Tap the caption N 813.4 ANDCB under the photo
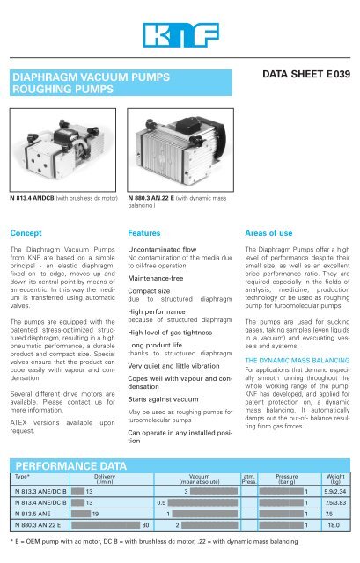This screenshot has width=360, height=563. (x=34, y=198)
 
